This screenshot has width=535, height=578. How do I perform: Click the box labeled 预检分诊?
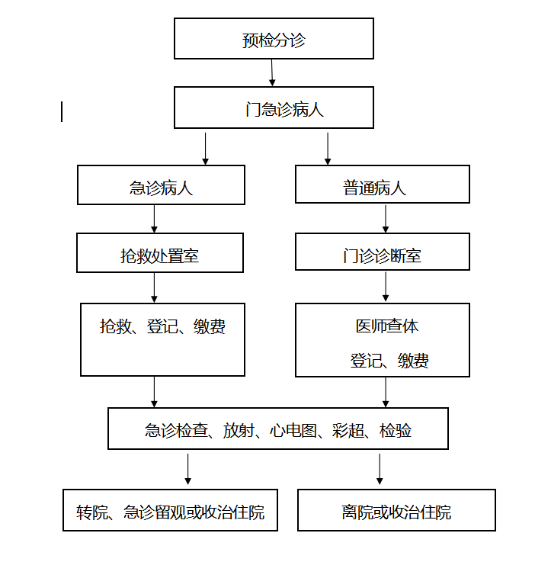pyautogui.click(x=274, y=38)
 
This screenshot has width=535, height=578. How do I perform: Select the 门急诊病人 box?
pyautogui.click(x=274, y=108)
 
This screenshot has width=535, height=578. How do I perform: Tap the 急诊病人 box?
pyautogui.click(x=161, y=185)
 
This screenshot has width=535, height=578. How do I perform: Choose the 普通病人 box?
pyautogui.click(x=383, y=184)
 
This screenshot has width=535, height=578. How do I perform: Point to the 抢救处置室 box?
pyautogui.click(x=160, y=253)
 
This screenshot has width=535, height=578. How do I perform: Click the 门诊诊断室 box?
pyautogui.click(x=383, y=252)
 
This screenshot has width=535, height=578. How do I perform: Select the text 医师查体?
pyautogui.click(x=387, y=326)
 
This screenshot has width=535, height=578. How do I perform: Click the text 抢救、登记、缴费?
pyautogui.click(x=162, y=326)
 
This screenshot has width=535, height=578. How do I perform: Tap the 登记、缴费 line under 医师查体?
pyautogui.click(x=389, y=361)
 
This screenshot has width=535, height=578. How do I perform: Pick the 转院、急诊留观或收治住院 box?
pyautogui.click(x=170, y=510)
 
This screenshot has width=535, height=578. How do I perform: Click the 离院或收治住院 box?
pyautogui.click(x=396, y=510)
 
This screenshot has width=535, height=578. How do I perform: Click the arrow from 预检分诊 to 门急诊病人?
pyautogui.click(x=272, y=72)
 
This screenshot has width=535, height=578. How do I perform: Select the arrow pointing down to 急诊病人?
pyautogui.click(x=205, y=149)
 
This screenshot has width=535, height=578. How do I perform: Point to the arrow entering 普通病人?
pyautogui.click(x=328, y=149)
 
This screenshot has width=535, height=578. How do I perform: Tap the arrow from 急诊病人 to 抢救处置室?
pyautogui.click(x=154, y=219)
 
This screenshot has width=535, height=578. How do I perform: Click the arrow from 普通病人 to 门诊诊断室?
pyautogui.click(x=386, y=219)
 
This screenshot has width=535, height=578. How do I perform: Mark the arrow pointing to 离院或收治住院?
pyautogui.click(x=380, y=469)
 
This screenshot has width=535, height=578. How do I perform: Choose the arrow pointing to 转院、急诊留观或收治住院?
pyautogui.click(x=187, y=469)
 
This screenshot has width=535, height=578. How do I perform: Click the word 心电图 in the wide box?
pyautogui.click(x=293, y=430)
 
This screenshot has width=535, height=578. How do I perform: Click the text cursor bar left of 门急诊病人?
pyautogui.click(x=62, y=111)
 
